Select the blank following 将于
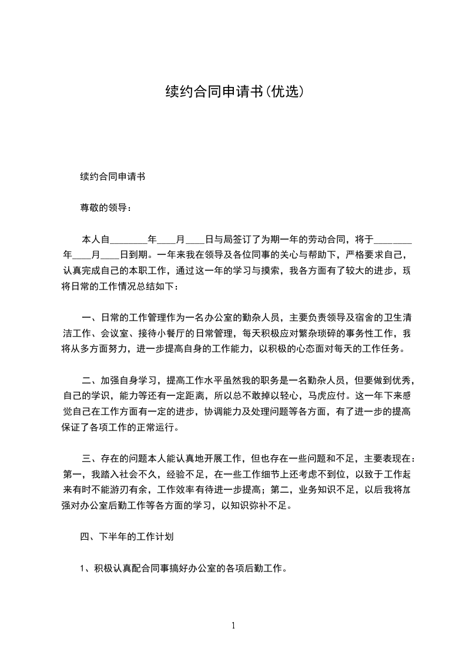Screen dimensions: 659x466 [393, 240]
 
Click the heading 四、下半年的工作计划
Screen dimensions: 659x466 [126, 537]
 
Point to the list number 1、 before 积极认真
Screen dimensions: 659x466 [84, 569]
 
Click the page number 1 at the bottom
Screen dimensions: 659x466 [233, 625]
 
